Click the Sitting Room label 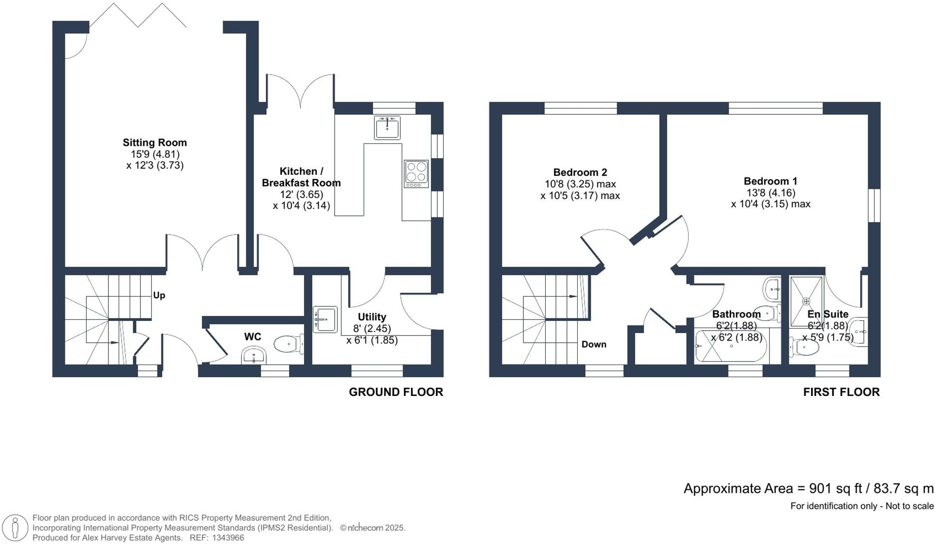154,142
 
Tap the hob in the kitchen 416,174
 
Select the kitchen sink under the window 387,128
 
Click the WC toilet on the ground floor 287,344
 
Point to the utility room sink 325,319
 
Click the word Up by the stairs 159,295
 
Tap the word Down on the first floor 594,344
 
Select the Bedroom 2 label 580,172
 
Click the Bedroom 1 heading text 770,181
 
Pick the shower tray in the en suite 806,301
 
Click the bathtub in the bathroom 731,346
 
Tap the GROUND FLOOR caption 396,392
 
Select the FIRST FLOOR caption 841,392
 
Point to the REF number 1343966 228,538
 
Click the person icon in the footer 15,528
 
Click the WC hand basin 253,357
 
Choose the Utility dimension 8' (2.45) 371,328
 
